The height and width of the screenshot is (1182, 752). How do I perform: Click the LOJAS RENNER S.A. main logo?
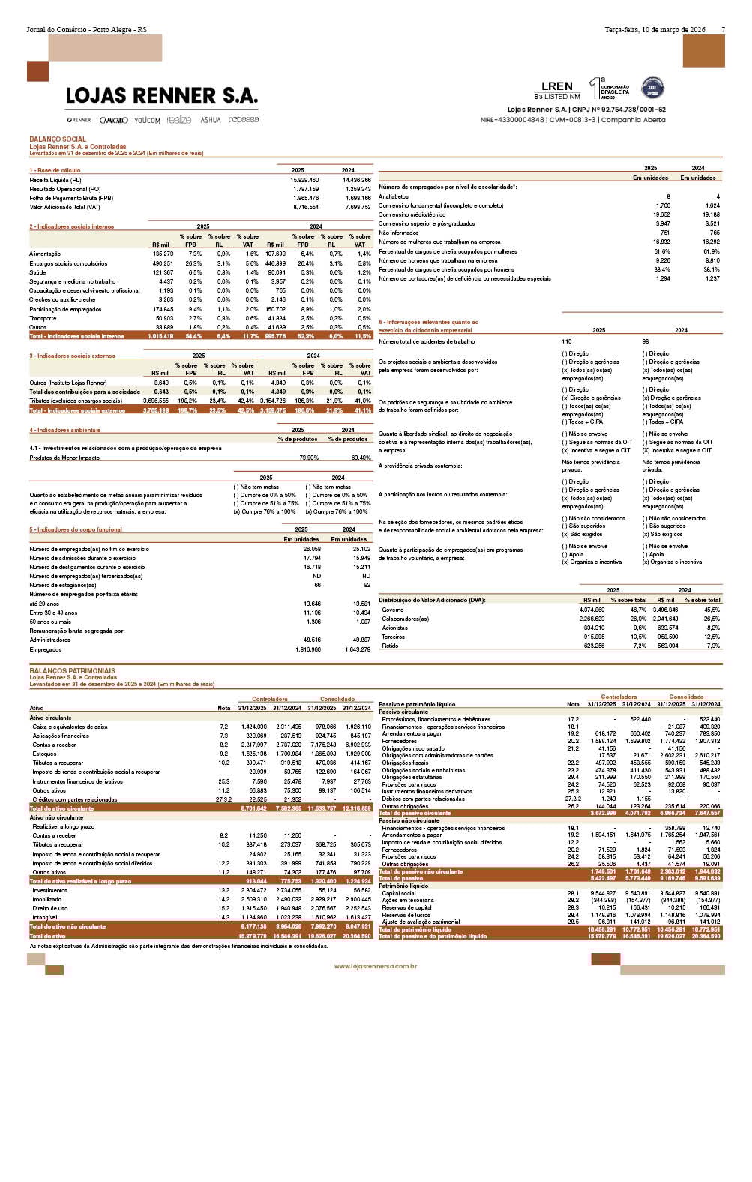point(161,96)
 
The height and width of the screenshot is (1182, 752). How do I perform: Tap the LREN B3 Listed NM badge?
point(557,90)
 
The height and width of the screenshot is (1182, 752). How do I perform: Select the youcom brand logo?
point(147,120)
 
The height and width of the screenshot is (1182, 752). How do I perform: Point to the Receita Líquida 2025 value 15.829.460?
point(304,180)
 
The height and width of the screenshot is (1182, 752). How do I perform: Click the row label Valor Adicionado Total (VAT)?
point(64,207)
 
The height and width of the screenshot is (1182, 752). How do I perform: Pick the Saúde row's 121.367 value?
point(163,272)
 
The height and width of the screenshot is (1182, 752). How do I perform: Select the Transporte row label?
point(43,318)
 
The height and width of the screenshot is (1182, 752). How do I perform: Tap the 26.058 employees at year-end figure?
point(311,549)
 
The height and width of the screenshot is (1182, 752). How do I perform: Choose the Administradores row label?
point(49,640)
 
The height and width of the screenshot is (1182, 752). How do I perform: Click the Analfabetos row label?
point(394,196)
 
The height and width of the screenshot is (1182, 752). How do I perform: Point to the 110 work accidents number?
point(567,341)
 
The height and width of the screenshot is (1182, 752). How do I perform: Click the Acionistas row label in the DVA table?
point(395,628)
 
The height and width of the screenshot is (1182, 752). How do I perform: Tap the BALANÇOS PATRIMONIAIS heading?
point(72,671)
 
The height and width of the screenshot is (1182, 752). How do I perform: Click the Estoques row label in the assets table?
point(45,754)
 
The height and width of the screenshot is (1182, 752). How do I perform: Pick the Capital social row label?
point(399,893)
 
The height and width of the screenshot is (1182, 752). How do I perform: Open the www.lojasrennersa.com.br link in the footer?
point(376,966)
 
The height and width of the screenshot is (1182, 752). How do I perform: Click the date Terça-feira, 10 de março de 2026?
point(655,30)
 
